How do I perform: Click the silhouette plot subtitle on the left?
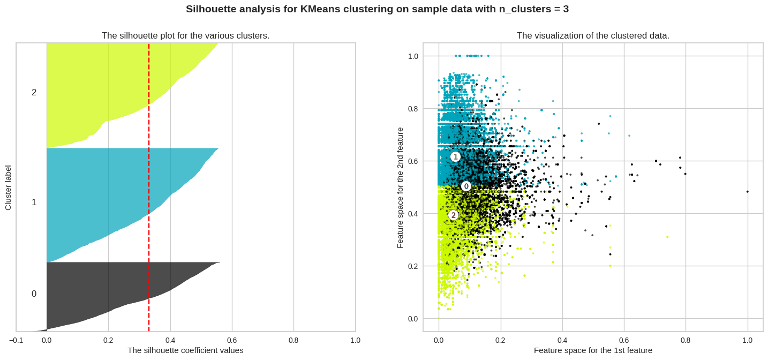point(185,36)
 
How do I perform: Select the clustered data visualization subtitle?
point(593,36)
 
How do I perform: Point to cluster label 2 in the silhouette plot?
point(34,93)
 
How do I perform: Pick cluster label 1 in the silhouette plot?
point(34,202)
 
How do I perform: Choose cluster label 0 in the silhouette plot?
point(34,294)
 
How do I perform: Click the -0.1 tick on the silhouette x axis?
point(16,340)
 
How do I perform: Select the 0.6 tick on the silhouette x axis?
point(232,340)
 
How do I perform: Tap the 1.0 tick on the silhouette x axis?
point(355,340)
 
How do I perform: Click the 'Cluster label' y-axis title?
point(8,187)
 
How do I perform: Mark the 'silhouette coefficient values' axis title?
point(185,350)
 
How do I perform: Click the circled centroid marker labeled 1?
point(455,157)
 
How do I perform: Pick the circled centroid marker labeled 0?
point(466,186)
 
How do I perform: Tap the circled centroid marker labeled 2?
point(453,215)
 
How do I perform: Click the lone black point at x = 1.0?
point(748,191)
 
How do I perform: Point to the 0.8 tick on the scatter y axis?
point(413,109)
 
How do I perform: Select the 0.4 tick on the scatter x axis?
point(562,340)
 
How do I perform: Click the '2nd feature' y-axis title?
point(400,187)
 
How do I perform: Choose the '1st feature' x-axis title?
point(593,350)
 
